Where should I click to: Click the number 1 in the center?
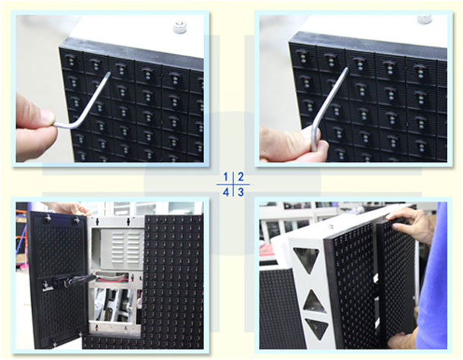(x=226, y=177)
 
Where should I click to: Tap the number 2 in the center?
(x=241, y=177)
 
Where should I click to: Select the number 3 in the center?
(x=241, y=192)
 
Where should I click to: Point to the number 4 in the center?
(x=226, y=193)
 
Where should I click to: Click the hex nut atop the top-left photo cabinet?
(x=180, y=27)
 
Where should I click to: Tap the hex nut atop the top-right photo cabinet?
(x=424, y=19)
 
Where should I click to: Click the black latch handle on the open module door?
(x=71, y=281)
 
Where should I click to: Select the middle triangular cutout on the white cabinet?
(x=314, y=303)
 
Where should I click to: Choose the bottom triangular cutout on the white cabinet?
(x=318, y=327)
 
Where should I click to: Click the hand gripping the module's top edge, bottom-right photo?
(x=411, y=224)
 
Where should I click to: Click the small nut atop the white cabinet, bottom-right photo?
(x=331, y=226)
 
